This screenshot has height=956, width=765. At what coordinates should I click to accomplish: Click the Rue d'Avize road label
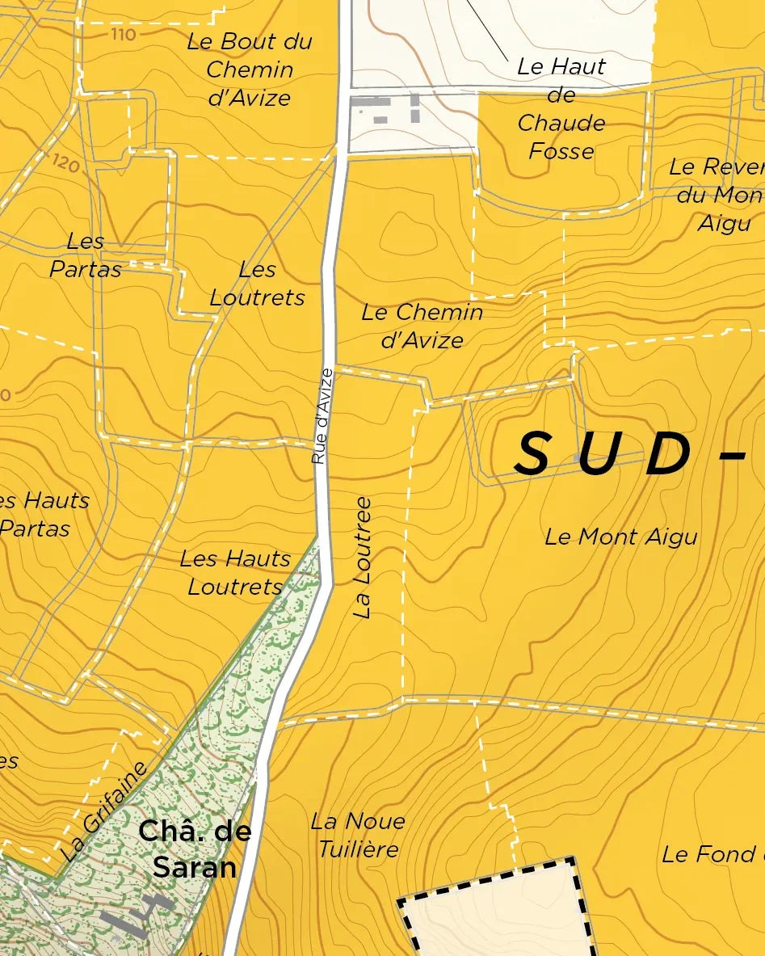tap(322, 416)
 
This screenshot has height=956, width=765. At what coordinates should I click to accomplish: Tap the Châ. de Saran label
tap(195, 849)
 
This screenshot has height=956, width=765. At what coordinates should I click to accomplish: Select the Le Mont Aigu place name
tap(620, 537)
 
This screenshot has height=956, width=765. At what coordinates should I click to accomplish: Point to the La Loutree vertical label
tap(363, 558)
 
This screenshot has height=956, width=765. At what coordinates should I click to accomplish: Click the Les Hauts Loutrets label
tap(235, 572)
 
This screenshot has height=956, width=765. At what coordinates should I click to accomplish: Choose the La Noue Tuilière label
tap(358, 836)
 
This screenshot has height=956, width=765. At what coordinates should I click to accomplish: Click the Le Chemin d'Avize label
tap(422, 326)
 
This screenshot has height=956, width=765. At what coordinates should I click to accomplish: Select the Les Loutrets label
tap(258, 284)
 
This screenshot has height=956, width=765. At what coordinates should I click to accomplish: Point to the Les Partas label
tap(86, 255)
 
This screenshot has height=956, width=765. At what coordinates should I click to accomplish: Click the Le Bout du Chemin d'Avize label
tap(249, 69)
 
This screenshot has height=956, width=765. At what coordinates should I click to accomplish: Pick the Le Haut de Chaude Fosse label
tap(561, 108)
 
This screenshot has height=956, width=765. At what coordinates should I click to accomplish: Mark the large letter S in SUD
tap(533, 454)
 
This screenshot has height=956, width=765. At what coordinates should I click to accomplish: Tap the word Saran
tap(195, 867)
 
